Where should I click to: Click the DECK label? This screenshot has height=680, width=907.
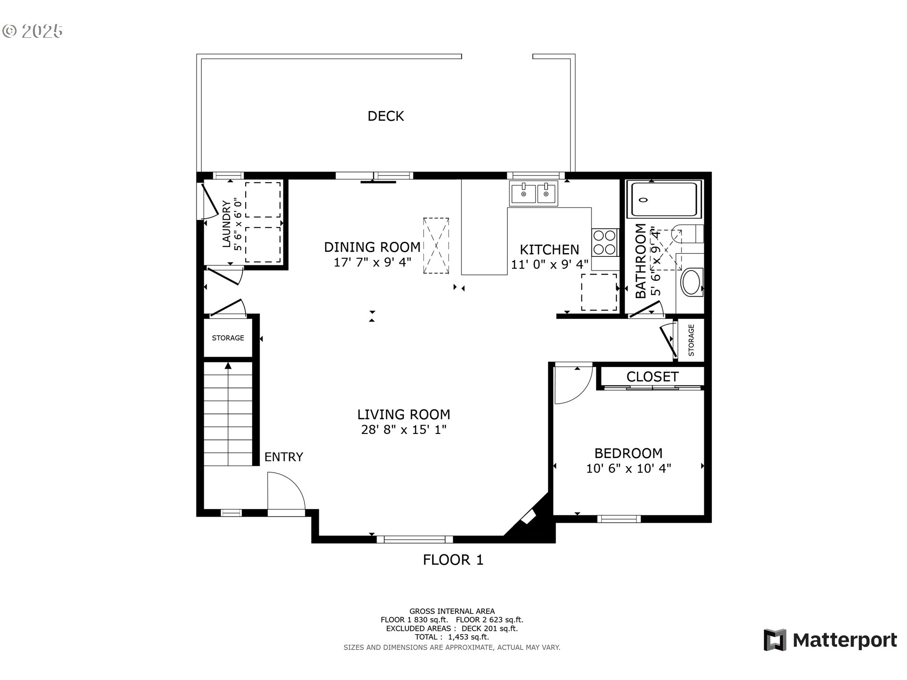tap(385, 116)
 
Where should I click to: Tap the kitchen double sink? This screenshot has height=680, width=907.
tap(533, 193)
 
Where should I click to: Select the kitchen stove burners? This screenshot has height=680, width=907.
tap(605, 242)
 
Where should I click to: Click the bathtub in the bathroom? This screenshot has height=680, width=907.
tap(664, 199)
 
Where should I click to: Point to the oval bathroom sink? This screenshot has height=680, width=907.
tap(692, 282)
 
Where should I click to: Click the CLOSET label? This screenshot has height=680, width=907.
tap(652, 376)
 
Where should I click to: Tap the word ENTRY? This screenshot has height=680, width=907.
tap(283, 457)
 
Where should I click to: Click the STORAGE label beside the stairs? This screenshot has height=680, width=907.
tap(228, 338)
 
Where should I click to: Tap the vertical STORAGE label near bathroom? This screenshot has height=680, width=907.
tap(691, 340)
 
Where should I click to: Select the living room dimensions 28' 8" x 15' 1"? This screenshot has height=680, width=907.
tap(403, 430)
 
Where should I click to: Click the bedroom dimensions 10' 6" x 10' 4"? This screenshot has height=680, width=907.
tap(628, 468)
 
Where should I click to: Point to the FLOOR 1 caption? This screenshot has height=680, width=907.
tap(453, 560)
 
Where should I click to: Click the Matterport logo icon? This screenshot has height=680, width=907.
tap(775, 640)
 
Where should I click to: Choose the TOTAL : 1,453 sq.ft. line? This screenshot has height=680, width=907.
tap(452, 637)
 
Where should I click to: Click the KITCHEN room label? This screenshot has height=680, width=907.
tap(549, 249)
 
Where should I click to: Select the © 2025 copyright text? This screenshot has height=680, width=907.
tap(33, 31)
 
